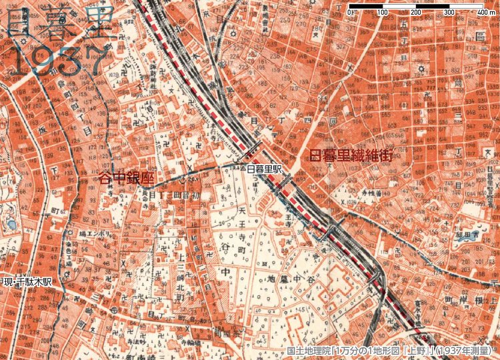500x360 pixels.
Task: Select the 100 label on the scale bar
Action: (x=383, y=13)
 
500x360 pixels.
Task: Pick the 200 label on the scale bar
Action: (x=416, y=13)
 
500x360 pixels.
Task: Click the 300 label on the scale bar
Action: (x=449, y=13)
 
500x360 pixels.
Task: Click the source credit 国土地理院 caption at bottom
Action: (x=390, y=351)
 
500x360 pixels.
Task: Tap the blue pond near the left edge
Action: (x=11, y=225)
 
